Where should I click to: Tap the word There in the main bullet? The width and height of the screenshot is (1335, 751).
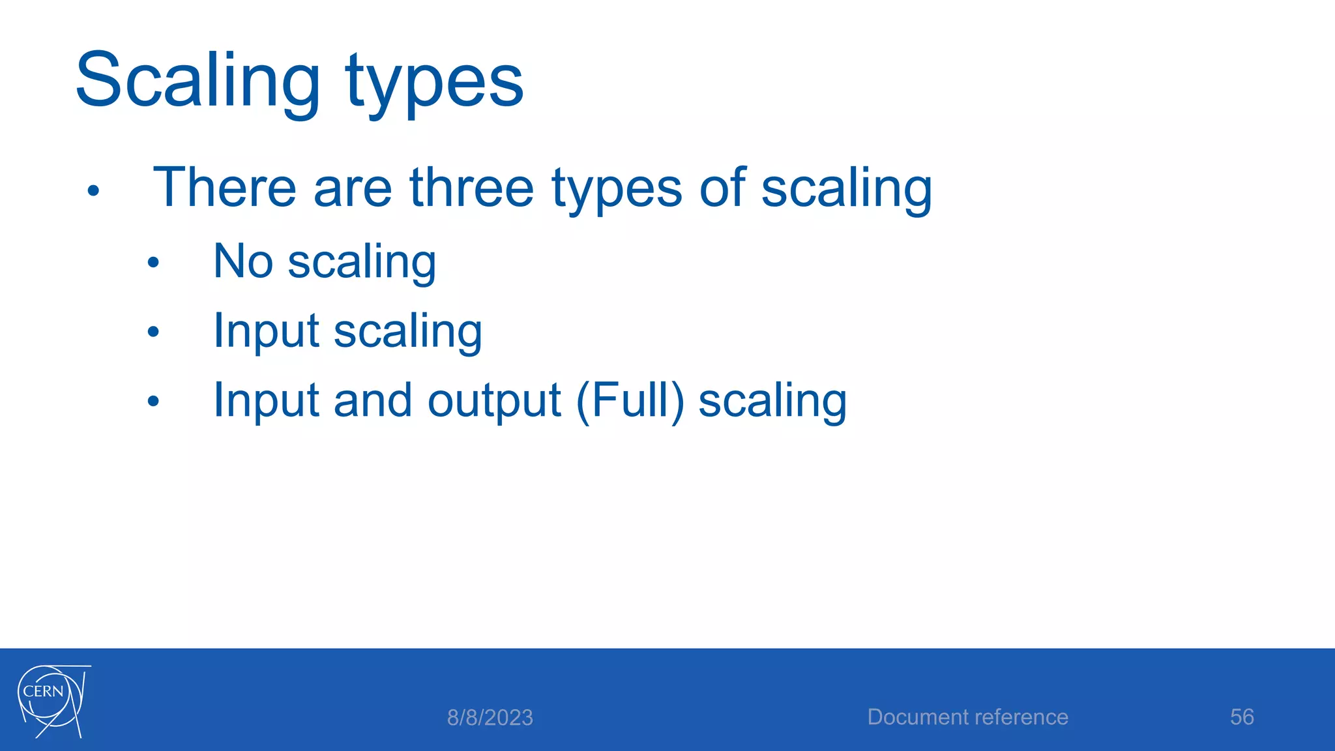224,188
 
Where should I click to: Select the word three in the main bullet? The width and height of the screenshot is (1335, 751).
471,188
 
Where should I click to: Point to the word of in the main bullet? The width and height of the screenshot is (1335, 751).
722,188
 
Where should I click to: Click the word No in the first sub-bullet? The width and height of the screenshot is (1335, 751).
242,261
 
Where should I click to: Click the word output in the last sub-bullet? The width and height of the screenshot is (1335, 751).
493,400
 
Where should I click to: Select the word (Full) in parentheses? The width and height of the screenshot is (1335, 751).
630,400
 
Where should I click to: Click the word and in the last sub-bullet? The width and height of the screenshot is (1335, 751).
372,400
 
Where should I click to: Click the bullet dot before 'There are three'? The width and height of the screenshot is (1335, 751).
93,191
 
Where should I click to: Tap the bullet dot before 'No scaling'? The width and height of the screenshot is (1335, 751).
153,263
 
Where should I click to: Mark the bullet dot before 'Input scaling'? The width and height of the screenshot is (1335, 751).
153,332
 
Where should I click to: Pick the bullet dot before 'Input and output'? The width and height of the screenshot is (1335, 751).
153,401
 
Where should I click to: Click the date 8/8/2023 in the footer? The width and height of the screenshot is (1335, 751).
490,718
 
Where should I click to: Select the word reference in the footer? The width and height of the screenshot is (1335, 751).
1021,717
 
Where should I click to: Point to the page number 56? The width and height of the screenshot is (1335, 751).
1242,717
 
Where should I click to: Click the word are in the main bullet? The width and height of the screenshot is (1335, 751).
352,188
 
